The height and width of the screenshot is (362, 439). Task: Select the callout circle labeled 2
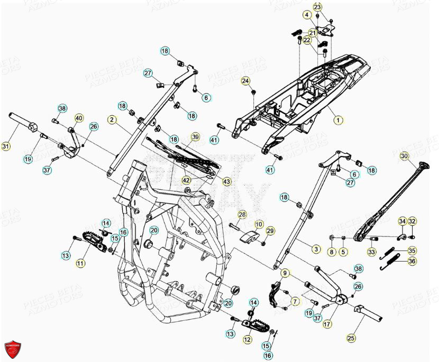pos(112,120)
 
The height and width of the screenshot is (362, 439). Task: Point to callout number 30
pos(404,156)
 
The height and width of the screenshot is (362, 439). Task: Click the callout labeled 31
pos(6,146)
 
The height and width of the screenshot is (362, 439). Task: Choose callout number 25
pos(351,337)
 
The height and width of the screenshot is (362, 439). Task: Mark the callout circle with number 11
pos(80,263)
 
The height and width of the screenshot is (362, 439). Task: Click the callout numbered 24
pos(245,81)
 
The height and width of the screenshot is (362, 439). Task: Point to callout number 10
pos(259,225)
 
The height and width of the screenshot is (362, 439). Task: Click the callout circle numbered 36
pos(412,261)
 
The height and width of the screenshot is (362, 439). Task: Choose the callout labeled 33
pos(371,253)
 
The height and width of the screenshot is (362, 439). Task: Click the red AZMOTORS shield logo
pos(12,348)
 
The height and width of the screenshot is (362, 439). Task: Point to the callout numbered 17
pos(327,324)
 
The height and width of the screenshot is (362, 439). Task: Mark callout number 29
pos(270,230)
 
